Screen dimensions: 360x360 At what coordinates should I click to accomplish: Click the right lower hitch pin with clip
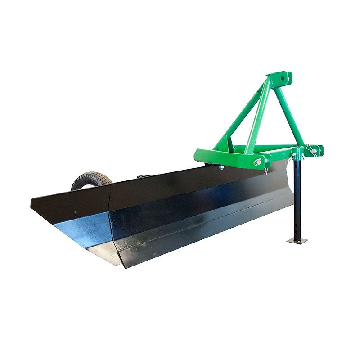pos(313,150)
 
